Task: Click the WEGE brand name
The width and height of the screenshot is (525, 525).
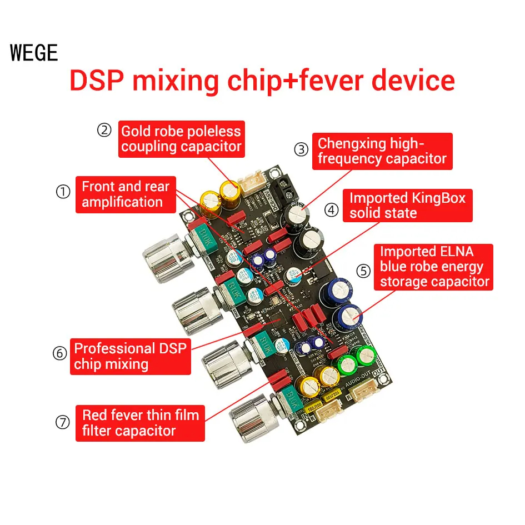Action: (34, 53)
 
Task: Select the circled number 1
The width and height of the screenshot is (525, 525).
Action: (63, 192)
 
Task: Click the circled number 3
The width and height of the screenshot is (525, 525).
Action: (301, 149)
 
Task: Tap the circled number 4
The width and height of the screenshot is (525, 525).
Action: (331, 209)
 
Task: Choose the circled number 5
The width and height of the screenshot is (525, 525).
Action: (363, 271)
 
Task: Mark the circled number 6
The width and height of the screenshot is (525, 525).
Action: (60, 353)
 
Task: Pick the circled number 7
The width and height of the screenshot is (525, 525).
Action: (63, 422)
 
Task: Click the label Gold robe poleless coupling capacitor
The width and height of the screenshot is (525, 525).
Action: (181, 139)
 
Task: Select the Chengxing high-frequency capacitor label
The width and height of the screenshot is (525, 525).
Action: (382, 151)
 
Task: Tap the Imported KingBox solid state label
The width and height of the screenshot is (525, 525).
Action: (407, 206)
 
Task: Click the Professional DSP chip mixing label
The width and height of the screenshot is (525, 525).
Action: (131, 356)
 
